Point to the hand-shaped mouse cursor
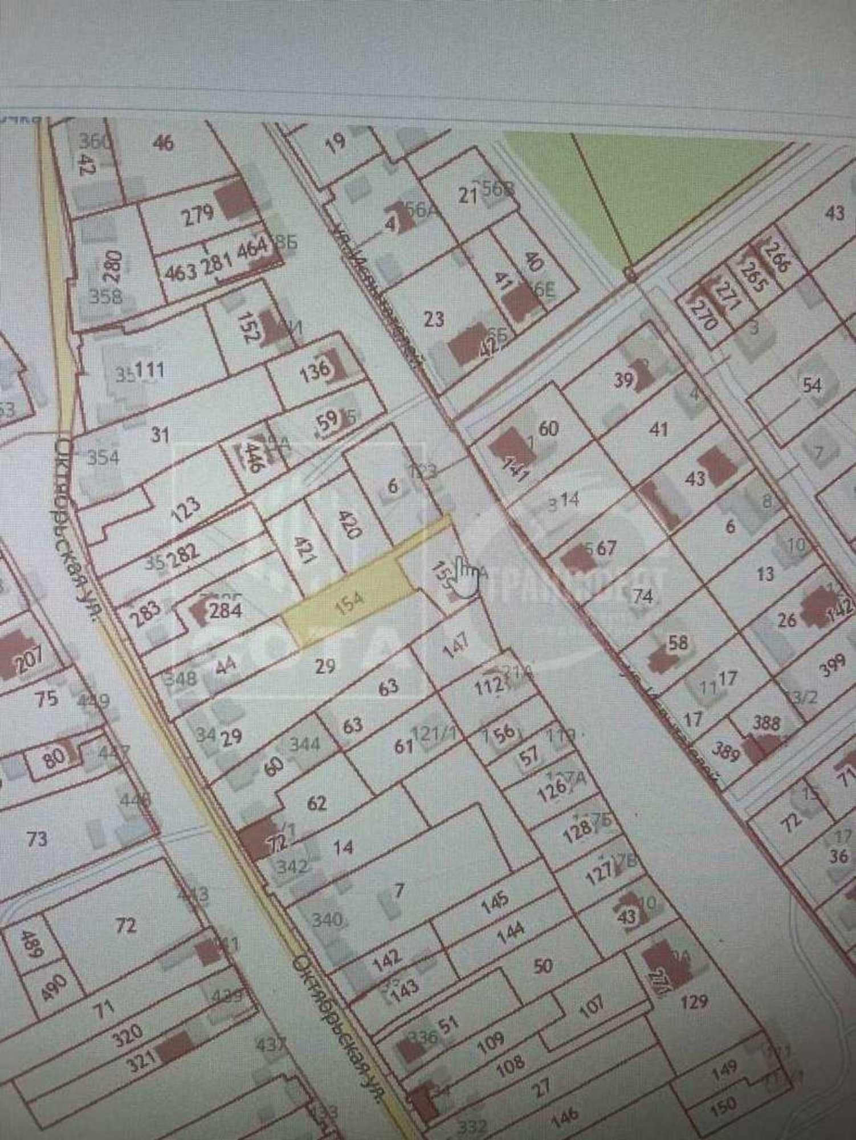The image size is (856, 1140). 468,577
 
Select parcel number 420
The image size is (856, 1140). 349,524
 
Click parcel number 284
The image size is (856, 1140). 226,610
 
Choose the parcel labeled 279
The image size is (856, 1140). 198,215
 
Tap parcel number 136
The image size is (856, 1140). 315,369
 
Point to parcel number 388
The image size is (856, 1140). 766,723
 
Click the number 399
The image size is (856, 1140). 828,671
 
